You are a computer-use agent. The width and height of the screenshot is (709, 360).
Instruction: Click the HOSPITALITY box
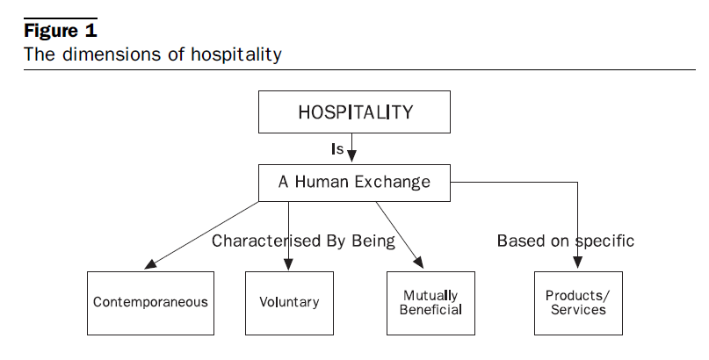coord(354,112)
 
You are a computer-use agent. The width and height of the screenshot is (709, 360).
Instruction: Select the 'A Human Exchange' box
coord(354,183)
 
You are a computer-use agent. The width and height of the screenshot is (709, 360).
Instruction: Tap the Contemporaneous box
coord(150,302)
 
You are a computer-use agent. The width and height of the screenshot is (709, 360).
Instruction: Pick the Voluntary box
coord(288,302)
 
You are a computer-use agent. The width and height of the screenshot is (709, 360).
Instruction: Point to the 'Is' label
coord(336,149)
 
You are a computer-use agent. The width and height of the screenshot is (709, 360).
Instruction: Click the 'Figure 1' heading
coord(60,31)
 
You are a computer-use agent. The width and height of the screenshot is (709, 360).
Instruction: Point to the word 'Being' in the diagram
coord(372,240)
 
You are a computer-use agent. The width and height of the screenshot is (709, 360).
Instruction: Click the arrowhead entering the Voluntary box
coord(288,265)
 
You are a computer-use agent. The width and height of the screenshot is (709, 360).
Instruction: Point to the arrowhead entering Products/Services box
coord(576,265)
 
